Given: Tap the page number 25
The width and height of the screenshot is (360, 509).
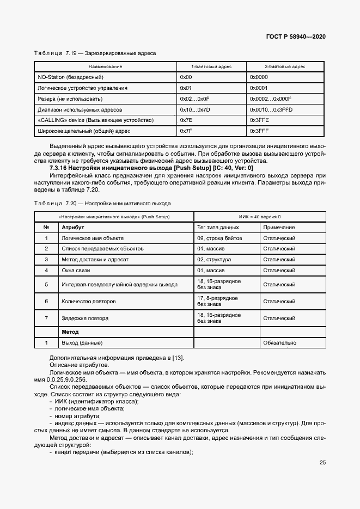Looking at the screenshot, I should point(322,463).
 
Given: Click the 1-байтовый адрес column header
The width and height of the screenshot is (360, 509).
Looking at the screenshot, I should point(211,66).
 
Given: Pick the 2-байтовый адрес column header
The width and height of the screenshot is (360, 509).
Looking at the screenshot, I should point(285,66).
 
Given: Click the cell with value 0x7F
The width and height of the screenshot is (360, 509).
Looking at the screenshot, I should point(186,131).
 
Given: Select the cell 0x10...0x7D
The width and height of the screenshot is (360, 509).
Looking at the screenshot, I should point(194,109).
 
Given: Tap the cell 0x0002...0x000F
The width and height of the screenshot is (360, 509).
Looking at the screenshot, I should point(270,99).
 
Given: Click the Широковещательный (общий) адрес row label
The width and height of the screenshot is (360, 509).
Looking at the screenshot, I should point(84,131).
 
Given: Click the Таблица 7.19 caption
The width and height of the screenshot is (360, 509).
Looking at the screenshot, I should point(95,53).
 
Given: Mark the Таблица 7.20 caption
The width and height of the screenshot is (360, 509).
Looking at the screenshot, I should point(102,203).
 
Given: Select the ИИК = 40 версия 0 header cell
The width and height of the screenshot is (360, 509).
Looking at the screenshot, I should point(259,217).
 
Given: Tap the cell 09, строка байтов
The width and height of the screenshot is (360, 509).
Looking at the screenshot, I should point(219,238).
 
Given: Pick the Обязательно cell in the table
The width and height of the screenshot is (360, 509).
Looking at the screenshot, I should point(279,343).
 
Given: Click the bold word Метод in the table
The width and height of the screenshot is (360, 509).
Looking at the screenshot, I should point(70,332).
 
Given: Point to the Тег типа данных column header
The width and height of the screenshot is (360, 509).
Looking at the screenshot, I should point(218,227).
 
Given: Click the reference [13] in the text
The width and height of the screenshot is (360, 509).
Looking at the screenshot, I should point(178,357).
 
